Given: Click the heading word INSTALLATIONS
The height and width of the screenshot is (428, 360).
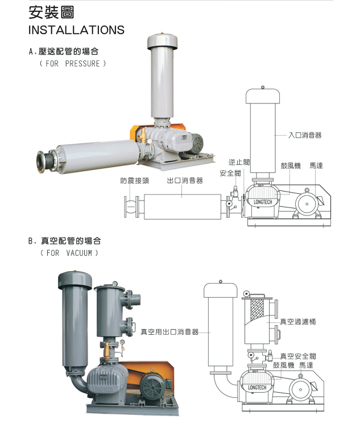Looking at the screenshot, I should pyautogui.click(x=76, y=30).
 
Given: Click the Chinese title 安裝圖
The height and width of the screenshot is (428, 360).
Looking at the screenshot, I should pyautogui.click(x=51, y=12).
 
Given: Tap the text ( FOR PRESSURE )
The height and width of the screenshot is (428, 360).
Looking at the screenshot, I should pyautogui.click(x=72, y=64).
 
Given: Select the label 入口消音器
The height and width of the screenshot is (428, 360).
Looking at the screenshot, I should pyautogui.click(x=305, y=135).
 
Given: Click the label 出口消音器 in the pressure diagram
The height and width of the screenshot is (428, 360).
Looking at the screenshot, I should pyautogui.click(x=185, y=180).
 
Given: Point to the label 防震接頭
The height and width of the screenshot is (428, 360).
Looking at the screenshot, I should pyautogui.click(x=135, y=180).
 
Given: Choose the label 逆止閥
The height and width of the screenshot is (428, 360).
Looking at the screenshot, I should pyautogui.click(x=239, y=162).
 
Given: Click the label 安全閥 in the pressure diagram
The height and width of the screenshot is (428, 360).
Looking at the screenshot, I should pyautogui.click(x=230, y=172).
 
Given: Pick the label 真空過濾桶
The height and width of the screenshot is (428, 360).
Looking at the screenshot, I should pyautogui.click(x=297, y=322).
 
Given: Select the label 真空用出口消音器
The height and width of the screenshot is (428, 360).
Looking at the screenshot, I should pyautogui.click(x=169, y=331).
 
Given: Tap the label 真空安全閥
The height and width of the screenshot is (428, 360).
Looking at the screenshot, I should pyautogui.click(x=302, y=356).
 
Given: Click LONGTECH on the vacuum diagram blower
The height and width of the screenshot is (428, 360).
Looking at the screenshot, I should pyautogui.click(x=257, y=387).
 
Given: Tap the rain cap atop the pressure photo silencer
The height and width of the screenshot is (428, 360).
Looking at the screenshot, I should pyautogui.click(x=163, y=41).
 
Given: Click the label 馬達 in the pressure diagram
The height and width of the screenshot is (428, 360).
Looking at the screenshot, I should pyautogui.click(x=316, y=165).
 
